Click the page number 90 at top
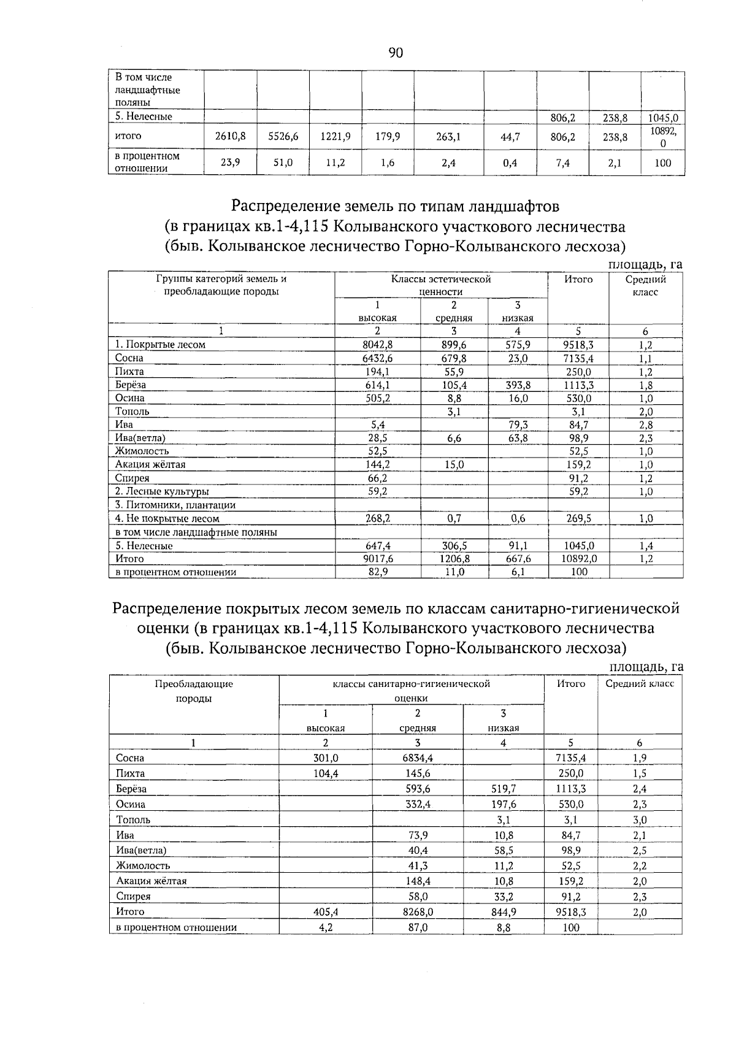[x=396, y=53]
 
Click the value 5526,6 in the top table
[x=283, y=137]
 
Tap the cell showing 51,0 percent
[x=283, y=163]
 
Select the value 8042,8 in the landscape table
[x=378, y=345]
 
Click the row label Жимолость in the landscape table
[x=142, y=451]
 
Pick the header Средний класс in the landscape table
[x=645, y=286]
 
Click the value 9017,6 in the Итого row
[x=378, y=559]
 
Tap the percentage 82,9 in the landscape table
[x=378, y=572]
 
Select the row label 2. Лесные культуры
[x=162, y=492]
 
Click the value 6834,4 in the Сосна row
[x=418, y=758]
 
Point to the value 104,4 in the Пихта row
[x=326, y=773]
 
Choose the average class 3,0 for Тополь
[x=640, y=820]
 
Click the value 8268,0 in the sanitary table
[x=418, y=912]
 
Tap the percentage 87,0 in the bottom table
[x=418, y=927]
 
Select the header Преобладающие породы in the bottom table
[x=194, y=691]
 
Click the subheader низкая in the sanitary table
[x=504, y=728]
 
